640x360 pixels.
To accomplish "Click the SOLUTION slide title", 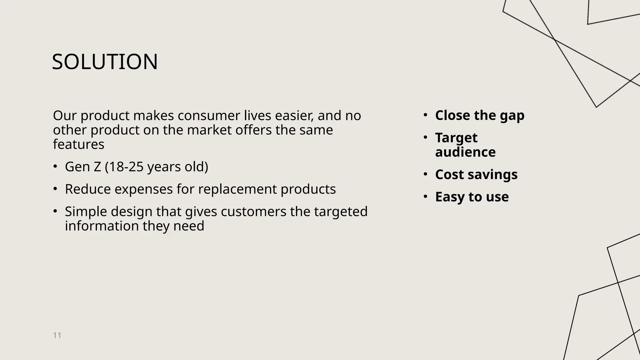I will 105,62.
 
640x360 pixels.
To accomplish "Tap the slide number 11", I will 57,336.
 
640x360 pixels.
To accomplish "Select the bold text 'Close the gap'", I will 479,115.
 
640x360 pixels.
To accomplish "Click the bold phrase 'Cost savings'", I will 476,174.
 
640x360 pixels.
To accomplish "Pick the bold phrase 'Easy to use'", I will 472,197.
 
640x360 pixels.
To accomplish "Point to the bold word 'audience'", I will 465,152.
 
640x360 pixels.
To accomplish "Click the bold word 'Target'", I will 456,138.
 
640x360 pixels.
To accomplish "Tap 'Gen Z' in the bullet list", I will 83,167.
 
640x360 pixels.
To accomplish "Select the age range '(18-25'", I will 124,167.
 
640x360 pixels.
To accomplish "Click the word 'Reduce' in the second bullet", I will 88,189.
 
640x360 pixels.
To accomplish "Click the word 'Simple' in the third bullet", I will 86,212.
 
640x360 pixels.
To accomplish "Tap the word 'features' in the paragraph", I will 79,144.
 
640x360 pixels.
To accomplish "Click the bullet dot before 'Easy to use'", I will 425,197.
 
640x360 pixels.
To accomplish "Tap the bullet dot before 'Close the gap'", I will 425,115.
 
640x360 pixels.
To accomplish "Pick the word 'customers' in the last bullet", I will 253,212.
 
